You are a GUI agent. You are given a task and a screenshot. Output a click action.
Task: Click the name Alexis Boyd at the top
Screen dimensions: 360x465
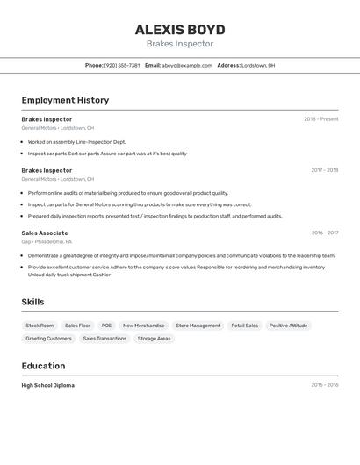point(180,29)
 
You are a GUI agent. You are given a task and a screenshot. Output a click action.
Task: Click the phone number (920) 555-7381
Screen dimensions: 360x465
point(122,65)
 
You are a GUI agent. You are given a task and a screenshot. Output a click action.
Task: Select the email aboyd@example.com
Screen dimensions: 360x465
point(187,65)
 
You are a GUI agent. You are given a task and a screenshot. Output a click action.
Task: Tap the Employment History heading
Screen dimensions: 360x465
point(65,100)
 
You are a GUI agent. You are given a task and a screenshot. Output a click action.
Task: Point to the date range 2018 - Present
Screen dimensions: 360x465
point(321,119)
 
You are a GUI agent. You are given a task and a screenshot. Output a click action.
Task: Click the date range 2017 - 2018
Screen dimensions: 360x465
point(325,170)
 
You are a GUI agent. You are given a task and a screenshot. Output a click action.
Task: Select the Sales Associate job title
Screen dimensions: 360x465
point(45,233)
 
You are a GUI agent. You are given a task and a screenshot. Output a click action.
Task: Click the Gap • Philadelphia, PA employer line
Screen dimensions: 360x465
point(47,241)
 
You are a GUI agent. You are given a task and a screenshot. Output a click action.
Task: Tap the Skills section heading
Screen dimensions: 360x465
point(33,302)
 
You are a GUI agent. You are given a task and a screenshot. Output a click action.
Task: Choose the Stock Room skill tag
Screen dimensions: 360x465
point(40,325)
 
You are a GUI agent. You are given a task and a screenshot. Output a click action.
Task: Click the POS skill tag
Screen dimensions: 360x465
point(106,325)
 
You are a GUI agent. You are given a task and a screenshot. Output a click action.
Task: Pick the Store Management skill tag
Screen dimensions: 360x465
point(198,325)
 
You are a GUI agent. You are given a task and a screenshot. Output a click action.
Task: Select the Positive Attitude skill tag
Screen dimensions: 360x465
point(288,325)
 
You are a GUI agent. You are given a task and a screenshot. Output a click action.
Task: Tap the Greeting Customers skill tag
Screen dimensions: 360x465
point(48,338)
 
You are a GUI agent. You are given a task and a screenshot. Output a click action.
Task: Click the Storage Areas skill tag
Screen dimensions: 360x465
point(155,338)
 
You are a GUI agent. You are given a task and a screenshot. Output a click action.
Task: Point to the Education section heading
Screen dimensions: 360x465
point(43,366)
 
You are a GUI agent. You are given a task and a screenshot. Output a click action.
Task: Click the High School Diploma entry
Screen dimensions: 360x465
point(48,385)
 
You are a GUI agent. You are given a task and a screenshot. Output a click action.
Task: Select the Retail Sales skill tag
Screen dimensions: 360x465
point(245,325)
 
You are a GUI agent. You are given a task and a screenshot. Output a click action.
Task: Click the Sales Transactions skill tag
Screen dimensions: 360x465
point(104,338)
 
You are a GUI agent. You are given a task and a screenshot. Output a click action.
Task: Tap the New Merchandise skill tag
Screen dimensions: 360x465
point(143,325)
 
